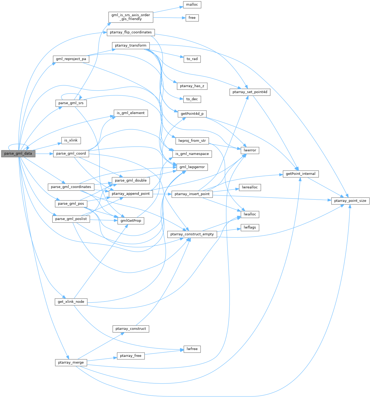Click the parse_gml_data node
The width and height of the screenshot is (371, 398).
tap(18, 154)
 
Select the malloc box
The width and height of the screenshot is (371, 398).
tap(192, 5)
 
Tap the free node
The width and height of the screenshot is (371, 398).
tap(192, 18)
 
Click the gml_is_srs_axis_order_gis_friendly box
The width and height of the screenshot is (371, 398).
tap(131, 17)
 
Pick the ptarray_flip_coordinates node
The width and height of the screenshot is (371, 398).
tap(131, 32)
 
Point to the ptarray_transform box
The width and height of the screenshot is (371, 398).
tap(131, 46)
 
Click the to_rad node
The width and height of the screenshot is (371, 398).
tap(192, 59)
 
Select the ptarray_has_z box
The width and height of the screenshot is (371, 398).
tap(192, 86)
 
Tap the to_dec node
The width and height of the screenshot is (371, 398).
tap(192, 99)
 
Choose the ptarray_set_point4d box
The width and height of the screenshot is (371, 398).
tap(250, 92)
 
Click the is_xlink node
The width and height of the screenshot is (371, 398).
tap(71, 140)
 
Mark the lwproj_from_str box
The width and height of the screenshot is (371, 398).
tap(192, 141)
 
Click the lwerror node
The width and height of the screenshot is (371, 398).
tap(250, 150)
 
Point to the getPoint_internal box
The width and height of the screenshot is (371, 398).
tap(301, 174)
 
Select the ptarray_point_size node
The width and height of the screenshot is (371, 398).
tap(350, 201)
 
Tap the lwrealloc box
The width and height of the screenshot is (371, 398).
tap(250, 187)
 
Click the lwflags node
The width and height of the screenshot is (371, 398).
tap(250, 228)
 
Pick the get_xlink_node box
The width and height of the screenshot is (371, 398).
tap(71, 302)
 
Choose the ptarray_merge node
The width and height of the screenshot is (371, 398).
tap(71, 363)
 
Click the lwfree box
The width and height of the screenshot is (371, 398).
tap(192, 349)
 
